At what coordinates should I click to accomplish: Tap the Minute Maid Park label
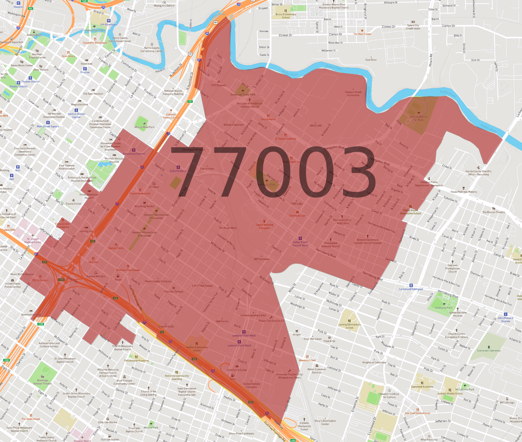click(x=144, y=127)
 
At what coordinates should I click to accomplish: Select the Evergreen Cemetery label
click(x=489, y=351)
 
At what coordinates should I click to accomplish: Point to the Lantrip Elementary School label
click(x=349, y=326)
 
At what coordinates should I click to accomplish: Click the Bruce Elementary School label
click(x=286, y=16)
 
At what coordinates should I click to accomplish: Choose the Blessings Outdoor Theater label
click(x=42, y=382)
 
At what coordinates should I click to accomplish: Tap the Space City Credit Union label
click(x=413, y=27)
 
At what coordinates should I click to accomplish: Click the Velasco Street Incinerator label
click(x=353, y=93)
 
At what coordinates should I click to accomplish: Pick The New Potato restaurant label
click(x=362, y=34)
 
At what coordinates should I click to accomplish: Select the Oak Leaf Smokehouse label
click(x=417, y=413)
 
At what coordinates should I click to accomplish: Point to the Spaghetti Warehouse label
click(x=95, y=42)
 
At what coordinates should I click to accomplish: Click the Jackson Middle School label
click(x=450, y=393)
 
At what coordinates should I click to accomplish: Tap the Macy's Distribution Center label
click(x=325, y=422)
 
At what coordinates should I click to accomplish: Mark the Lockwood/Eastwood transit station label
click(x=411, y=289)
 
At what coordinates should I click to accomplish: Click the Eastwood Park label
click(x=444, y=307)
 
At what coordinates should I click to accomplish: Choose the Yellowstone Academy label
click(x=136, y=361)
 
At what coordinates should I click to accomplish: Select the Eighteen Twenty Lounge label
click(x=171, y=116)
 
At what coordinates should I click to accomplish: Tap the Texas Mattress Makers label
click(x=463, y=192)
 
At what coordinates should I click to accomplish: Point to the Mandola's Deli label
click(x=307, y=360)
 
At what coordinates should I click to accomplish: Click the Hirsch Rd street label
click(x=431, y=60)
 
